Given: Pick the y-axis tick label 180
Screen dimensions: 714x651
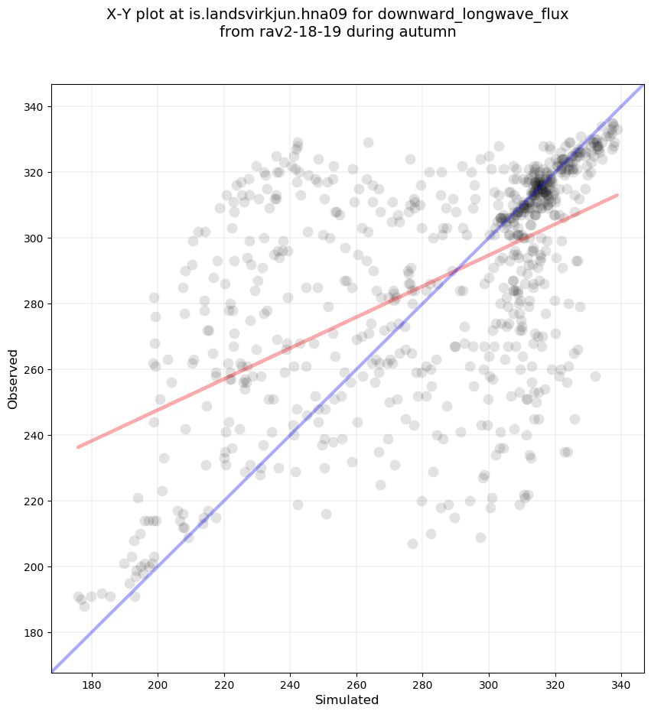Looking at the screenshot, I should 34,632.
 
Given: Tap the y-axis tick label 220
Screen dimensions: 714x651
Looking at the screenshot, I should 34,501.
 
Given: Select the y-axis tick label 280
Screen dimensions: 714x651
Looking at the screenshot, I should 34,303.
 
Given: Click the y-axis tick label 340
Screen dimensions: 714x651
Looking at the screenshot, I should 34,106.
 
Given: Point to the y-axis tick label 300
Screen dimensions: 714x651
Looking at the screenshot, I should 34,238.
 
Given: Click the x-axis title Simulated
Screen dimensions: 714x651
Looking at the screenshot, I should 347,699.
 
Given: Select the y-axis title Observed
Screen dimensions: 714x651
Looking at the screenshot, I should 13,379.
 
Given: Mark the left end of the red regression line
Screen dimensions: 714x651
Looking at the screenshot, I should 78,447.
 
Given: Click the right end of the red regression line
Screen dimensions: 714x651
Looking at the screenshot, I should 617,195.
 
